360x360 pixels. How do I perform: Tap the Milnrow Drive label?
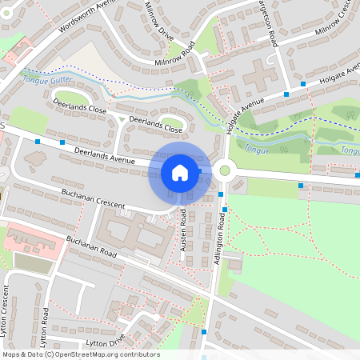pos(160,22)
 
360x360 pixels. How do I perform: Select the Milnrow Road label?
pos(175,58)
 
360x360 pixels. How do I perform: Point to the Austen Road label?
pos(183,231)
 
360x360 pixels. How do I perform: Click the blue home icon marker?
pos(180,172)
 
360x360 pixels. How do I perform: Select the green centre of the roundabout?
pos(225,170)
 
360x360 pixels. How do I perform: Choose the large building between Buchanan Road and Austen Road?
pos(132,236)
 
